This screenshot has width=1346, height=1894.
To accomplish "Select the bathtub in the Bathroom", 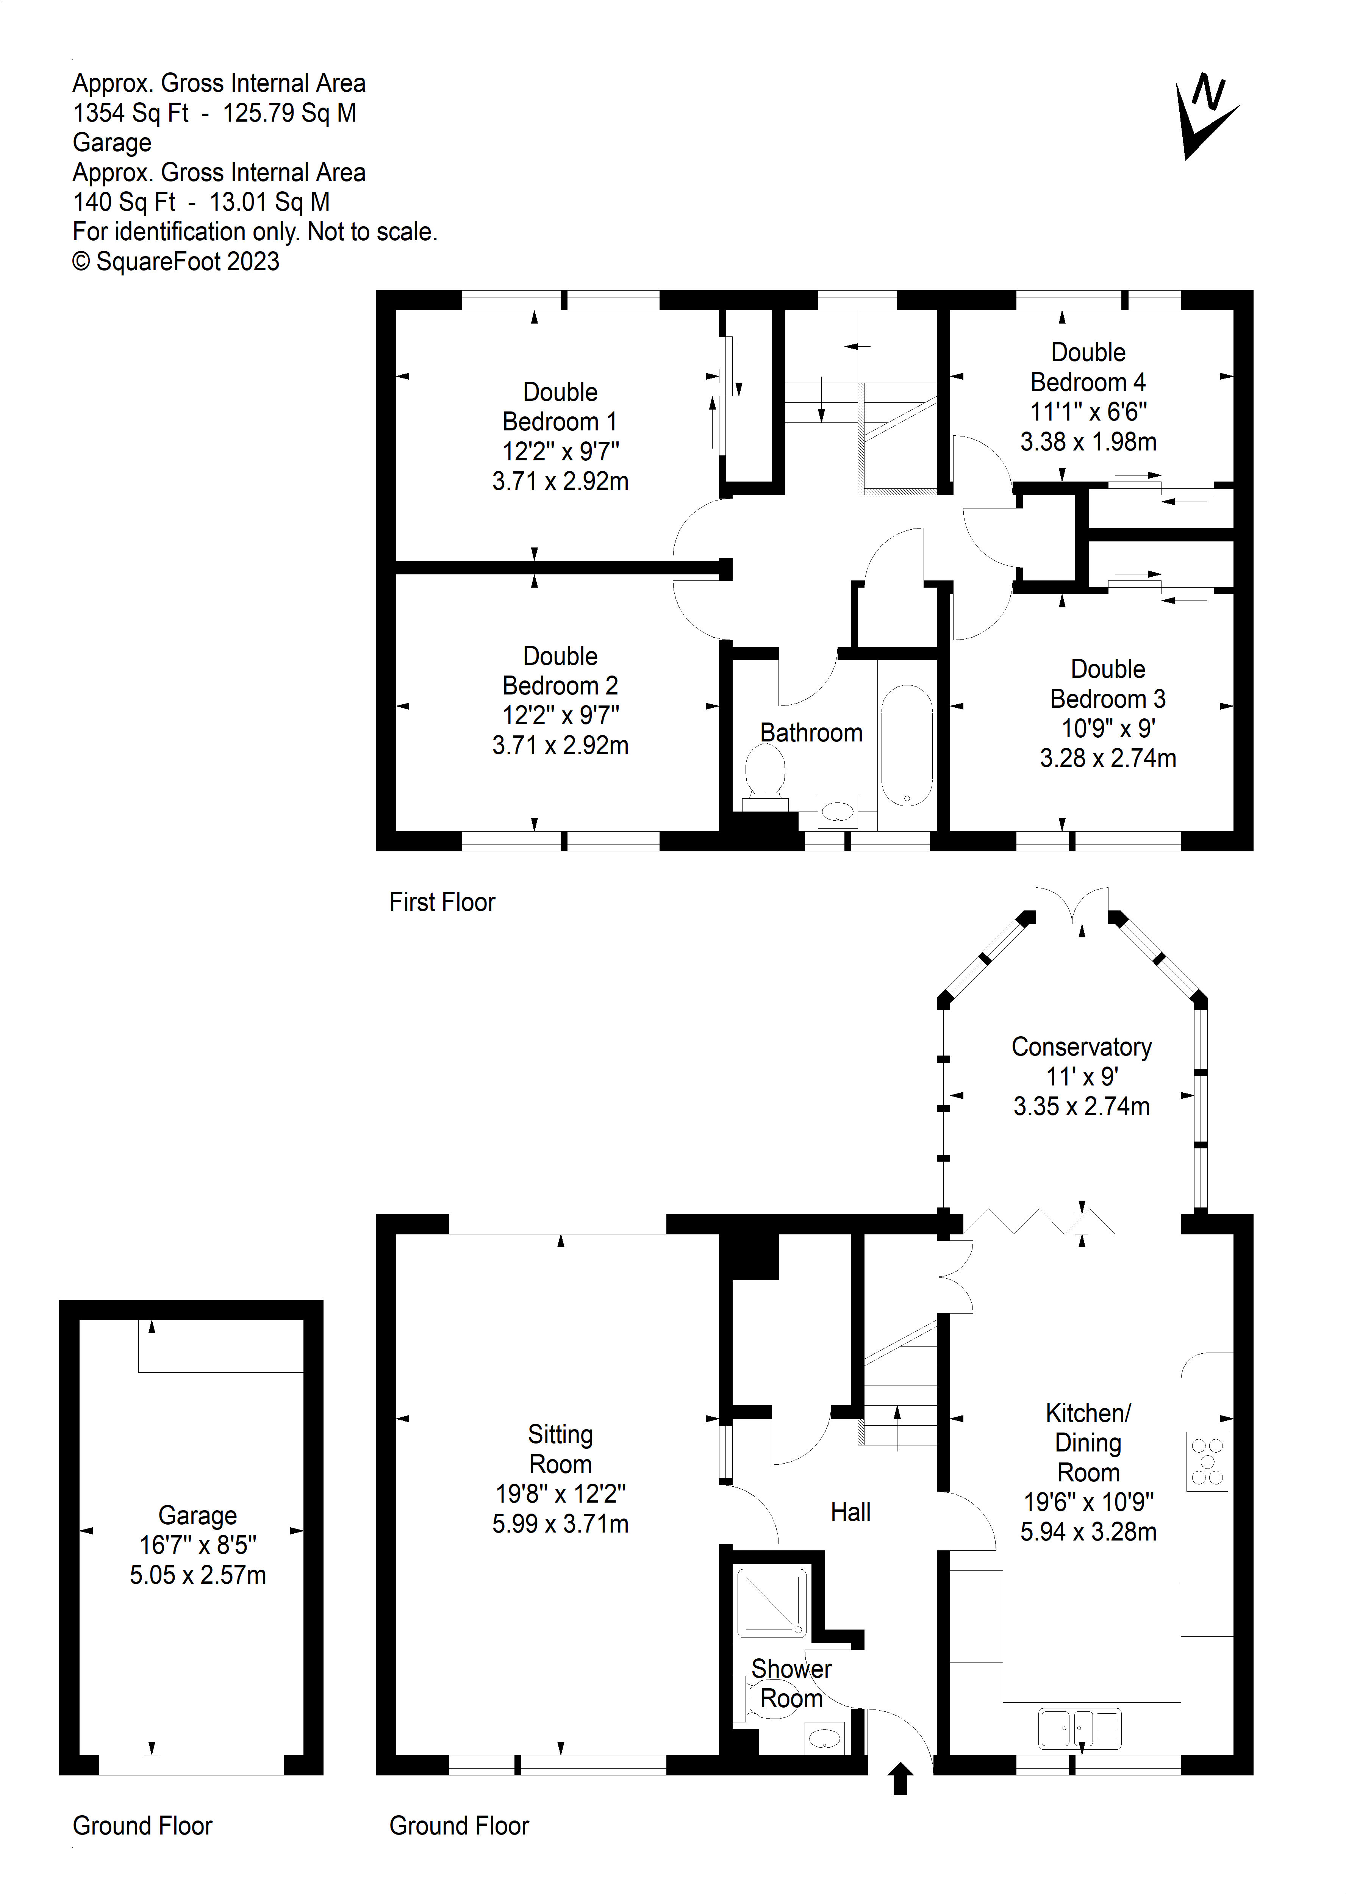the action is pyautogui.click(x=907, y=746).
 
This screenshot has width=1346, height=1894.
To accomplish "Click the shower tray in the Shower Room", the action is pyautogui.click(x=771, y=1602).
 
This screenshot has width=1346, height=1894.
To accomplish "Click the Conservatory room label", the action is pyautogui.click(x=1082, y=1047).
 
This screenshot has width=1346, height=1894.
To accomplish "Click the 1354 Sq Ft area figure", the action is pyautogui.click(x=131, y=113).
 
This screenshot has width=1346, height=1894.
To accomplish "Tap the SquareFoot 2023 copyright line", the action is pyautogui.click(x=177, y=261).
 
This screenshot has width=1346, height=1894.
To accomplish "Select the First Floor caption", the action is pyautogui.click(x=442, y=902).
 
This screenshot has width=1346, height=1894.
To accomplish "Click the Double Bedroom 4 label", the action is pyautogui.click(x=1088, y=367).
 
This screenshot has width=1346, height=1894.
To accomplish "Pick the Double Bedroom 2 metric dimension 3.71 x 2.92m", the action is pyautogui.click(x=560, y=745).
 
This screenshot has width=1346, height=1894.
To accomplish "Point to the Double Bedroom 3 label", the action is pyautogui.click(x=1108, y=684).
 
